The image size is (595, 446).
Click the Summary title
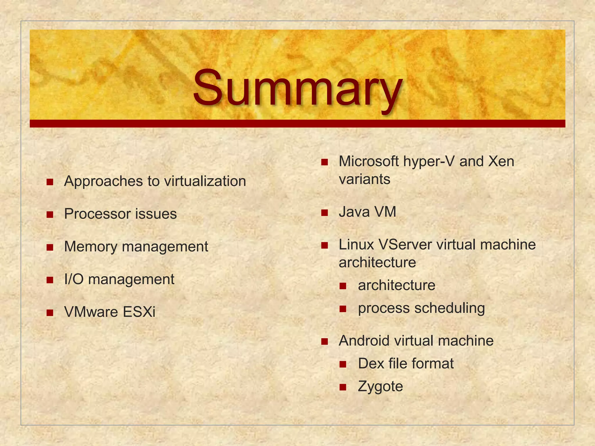(x=297, y=87)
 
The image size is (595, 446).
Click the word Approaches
(x=103, y=181)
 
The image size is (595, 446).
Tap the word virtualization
(x=205, y=181)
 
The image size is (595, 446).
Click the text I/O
(x=74, y=279)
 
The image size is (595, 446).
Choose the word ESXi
(x=139, y=312)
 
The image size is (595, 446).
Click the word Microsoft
(x=368, y=161)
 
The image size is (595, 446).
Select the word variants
(x=364, y=179)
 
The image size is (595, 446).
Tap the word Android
(x=364, y=341)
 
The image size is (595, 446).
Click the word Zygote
(x=380, y=386)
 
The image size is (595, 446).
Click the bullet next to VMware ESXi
(x=50, y=313)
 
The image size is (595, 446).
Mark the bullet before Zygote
(x=343, y=387)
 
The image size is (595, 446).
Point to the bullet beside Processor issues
(x=50, y=215)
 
